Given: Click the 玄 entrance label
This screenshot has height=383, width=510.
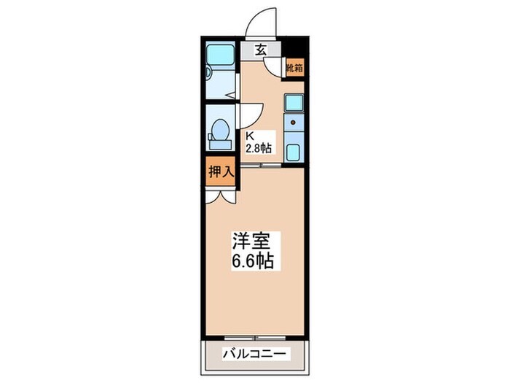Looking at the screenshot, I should click(x=259, y=50).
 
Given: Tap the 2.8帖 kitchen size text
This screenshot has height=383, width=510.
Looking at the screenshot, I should click(x=258, y=148).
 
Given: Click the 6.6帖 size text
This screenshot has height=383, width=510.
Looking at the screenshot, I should click(x=253, y=261).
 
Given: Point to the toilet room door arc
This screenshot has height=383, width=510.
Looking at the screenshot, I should click(x=251, y=115).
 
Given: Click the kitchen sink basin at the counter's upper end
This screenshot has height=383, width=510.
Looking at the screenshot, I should click(x=294, y=104).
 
